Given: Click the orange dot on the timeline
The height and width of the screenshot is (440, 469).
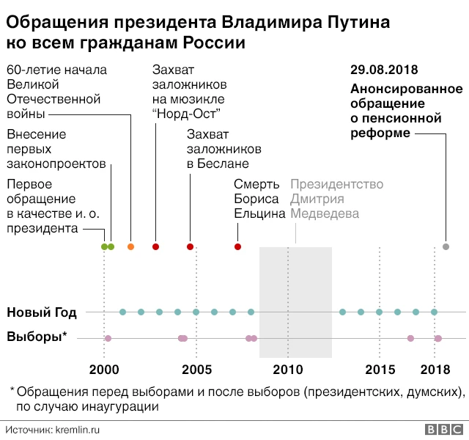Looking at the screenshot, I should point(130,246).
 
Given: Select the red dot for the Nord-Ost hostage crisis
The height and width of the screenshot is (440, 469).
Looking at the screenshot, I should point(155,246).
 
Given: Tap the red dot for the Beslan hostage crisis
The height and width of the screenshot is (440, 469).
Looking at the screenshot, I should point(190,246).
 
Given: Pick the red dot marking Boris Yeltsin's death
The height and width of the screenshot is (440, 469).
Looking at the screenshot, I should point(237,246).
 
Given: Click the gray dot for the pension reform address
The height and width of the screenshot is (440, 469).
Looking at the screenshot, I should point(446,246).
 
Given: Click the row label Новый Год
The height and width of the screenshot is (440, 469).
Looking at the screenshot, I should point(41,312).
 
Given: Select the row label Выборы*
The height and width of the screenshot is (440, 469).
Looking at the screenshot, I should point(37,337).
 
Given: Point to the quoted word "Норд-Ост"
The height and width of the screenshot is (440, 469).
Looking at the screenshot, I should point(186,113).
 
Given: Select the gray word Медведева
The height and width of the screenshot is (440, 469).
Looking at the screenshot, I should point(325,213).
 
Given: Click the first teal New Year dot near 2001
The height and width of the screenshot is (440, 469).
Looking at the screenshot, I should point(122,312).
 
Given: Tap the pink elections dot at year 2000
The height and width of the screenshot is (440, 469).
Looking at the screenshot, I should point(108,338).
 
